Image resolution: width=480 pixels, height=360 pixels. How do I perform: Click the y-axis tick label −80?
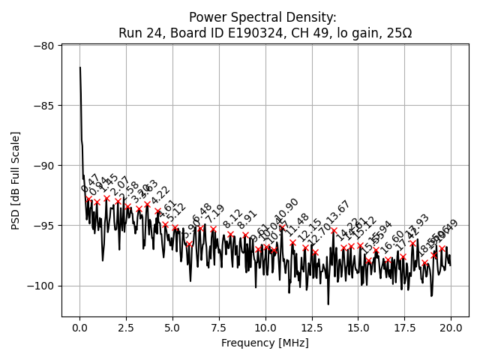tap(43, 45)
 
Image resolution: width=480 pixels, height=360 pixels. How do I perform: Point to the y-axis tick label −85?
tap(43, 105)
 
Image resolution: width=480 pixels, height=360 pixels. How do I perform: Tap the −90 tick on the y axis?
tap(43, 165)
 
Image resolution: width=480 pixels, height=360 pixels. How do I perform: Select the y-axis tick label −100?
tap(40, 285)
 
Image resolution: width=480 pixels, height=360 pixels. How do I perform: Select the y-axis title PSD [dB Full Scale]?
tap(15, 180)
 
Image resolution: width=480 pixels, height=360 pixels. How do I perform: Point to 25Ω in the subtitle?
tap(398, 33)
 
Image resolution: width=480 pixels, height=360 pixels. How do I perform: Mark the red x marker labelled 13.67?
tap(334, 230)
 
